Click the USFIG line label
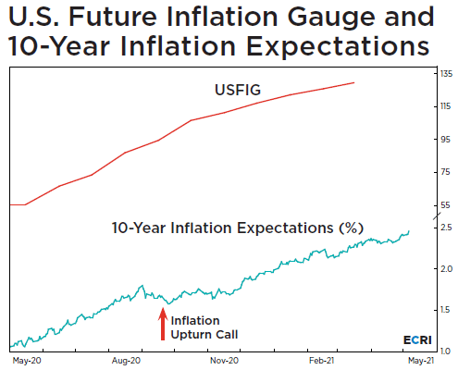[238, 90]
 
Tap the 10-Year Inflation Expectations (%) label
[238, 228]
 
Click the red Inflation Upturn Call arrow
[163, 324]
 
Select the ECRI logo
[417, 339]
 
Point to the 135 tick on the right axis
[446, 74]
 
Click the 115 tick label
[446, 106]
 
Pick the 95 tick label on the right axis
[445, 140]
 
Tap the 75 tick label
[445, 172]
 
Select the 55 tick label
[445, 205]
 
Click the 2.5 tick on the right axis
[446, 228]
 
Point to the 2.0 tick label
[446, 269]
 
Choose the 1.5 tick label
[446, 310]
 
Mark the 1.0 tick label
[446, 351]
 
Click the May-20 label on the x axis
[27, 361]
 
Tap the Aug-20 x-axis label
[126, 361]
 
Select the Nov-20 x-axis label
[224, 361]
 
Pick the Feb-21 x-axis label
[322, 361]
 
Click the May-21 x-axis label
[421, 361]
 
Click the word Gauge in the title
[331, 18]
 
